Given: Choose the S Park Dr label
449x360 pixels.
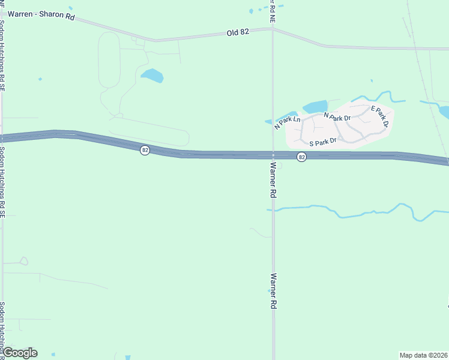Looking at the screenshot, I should pyautogui.click(x=322, y=143).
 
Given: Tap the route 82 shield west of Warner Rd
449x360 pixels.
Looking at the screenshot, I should pyautogui.click(x=145, y=150).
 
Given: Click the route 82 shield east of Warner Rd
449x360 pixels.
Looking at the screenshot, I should pyautogui.click(x=301, y=157).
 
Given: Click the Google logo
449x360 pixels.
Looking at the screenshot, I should pyautogui.click(x=20, y=352).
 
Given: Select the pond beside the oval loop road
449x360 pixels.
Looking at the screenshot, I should pyautogui.click(x=152, y=76).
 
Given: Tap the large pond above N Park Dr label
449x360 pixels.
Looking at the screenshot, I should pyautogui.click(x=315, y=107).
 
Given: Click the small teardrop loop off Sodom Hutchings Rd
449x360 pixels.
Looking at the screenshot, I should pyautogui.click(x=23, y=261).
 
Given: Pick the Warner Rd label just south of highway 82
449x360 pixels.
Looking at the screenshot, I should pyautogui.click(x=273, y=180).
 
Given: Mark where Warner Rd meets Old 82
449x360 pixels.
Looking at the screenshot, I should pyautogui.click(x=273, y=28).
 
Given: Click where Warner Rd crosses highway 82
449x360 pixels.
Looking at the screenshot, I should pyautogui.click(x=273, y=155).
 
